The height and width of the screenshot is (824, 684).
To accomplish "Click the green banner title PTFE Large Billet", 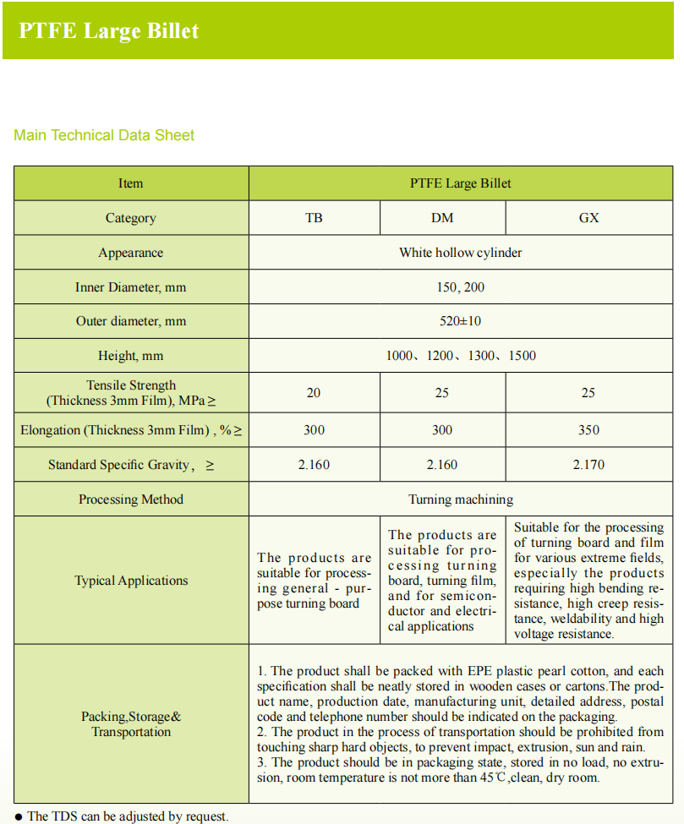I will [x=109, y=31].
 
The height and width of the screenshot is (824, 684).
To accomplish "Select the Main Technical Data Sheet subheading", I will [x=104, y=135].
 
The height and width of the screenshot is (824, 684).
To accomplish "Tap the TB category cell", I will [x=314, y=218].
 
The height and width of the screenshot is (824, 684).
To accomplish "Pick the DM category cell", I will [x=442, y=218].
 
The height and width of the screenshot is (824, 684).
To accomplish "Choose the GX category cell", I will [x=588, y=218].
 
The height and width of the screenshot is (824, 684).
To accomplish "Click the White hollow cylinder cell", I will [x=461, y=253].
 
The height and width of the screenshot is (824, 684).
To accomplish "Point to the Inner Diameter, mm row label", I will [x=130, y=287].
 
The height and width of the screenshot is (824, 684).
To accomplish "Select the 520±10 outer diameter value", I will [x=461, y=321].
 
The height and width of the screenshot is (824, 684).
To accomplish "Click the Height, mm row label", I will [x=130, y=356].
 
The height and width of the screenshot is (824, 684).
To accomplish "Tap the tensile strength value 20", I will [x=314, y=393].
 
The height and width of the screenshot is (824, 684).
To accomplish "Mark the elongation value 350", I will [x=588, y=430].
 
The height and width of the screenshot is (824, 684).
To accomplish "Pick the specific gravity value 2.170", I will [x=588, y=465].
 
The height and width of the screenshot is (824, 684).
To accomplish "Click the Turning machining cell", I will [x=461, y=499].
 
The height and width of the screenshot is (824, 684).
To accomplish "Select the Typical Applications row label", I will [x=130, y=581].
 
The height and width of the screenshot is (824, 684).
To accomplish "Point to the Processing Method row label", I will [x=130, y=499].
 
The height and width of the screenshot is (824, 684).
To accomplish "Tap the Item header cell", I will [x=130, y=183].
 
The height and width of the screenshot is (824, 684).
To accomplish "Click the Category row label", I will [x=130, y=218].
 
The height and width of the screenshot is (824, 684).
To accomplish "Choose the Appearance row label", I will [x=130, y=253].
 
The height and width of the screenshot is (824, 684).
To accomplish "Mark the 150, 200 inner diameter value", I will [x=461, y=287].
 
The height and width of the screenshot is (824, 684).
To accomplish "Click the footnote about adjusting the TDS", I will [x=127, y=816].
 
